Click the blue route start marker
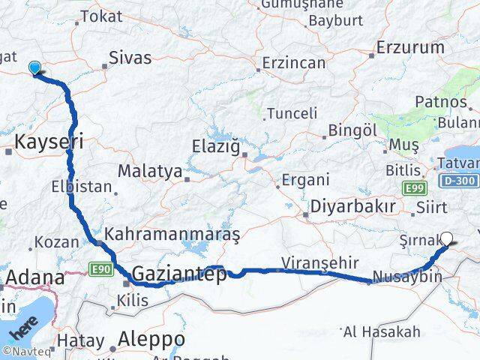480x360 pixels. pos(34,68)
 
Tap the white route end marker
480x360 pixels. pos(447,239)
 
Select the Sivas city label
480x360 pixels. pos(130,58)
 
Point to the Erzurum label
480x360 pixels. pos(410,47)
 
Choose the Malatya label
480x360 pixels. pos(150,171)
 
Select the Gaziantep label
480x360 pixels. pos(179,274)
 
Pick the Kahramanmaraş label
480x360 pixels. pos(172,235)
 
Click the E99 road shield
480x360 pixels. pos(414,187)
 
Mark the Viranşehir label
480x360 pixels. pos(310,262)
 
